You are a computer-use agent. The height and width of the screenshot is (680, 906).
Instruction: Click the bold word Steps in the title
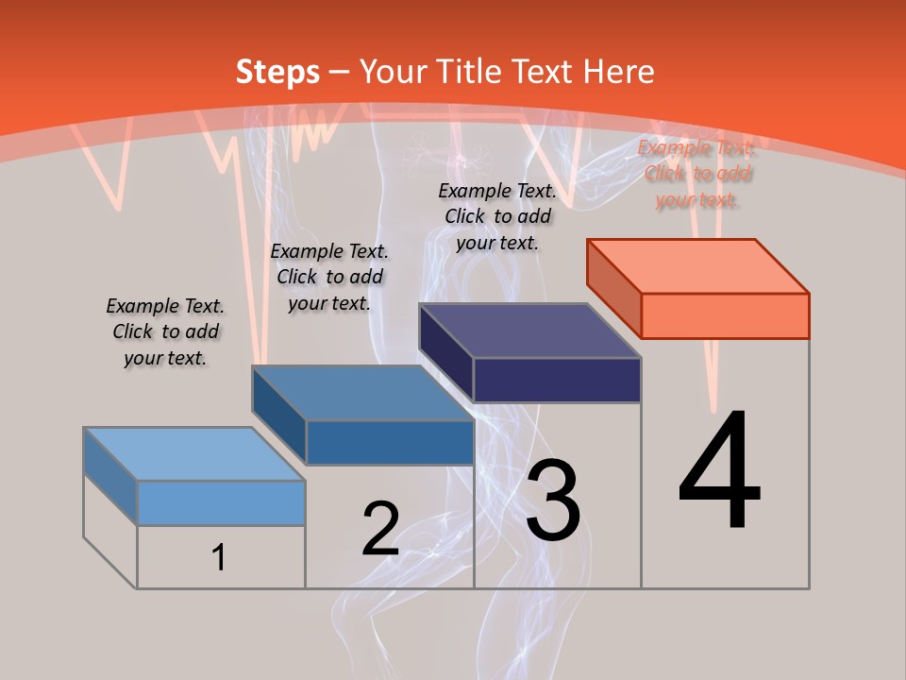[x=277, y=72]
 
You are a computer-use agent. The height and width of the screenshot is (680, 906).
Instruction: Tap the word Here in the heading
[x=618, y=72]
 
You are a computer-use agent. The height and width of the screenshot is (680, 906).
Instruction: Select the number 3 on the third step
[x=553, y=501]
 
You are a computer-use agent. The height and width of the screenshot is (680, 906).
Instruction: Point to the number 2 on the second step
[x=380, y=529]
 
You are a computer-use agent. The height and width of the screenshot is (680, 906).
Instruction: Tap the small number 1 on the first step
[x=219, y=557]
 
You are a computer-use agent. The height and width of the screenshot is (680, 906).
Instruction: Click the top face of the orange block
[x=698, y=265]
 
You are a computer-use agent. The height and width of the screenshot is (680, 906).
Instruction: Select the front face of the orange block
[x=725, y=315]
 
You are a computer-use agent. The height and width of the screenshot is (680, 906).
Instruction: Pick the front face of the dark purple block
[x=557, y=380]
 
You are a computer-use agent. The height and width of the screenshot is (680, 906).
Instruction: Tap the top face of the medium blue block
[x=362, y=393]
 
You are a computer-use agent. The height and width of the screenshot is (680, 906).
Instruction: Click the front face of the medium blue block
[x=389, y=442]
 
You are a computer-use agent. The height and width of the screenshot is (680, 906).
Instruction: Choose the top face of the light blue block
[x=194, y=454]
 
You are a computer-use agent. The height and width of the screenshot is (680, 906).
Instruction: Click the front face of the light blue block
[x=221, y=502]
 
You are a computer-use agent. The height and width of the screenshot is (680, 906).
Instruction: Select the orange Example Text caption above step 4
[x=696, y=174]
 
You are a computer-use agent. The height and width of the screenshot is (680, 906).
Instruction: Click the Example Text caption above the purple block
[x=497, y=216]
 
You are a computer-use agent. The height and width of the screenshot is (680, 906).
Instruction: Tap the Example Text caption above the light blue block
[x=165, y=331]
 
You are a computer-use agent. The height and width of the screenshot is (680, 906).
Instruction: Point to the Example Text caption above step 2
[x=329, y=277]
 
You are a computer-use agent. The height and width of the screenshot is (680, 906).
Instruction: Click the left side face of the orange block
[x=614, y=288]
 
